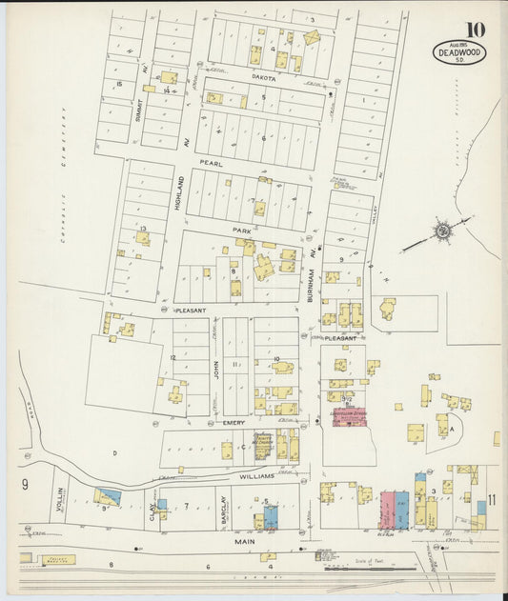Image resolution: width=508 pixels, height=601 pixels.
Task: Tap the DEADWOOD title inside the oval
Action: pos(460,52)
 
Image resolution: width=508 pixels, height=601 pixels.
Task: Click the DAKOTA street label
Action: pos(264,79)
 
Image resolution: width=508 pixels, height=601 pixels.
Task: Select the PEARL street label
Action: pos(210,163)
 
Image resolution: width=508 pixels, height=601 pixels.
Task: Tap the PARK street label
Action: pos(240,230)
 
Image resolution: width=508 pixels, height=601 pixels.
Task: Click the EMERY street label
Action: pos(234,422)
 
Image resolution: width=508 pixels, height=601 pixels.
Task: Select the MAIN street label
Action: pos(243,540)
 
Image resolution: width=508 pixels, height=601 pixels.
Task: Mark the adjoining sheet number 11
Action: pos(493,499)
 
